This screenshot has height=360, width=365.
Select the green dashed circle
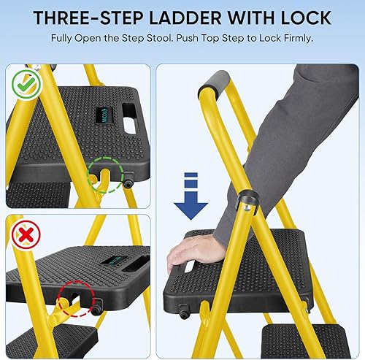[x=104, y=177]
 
